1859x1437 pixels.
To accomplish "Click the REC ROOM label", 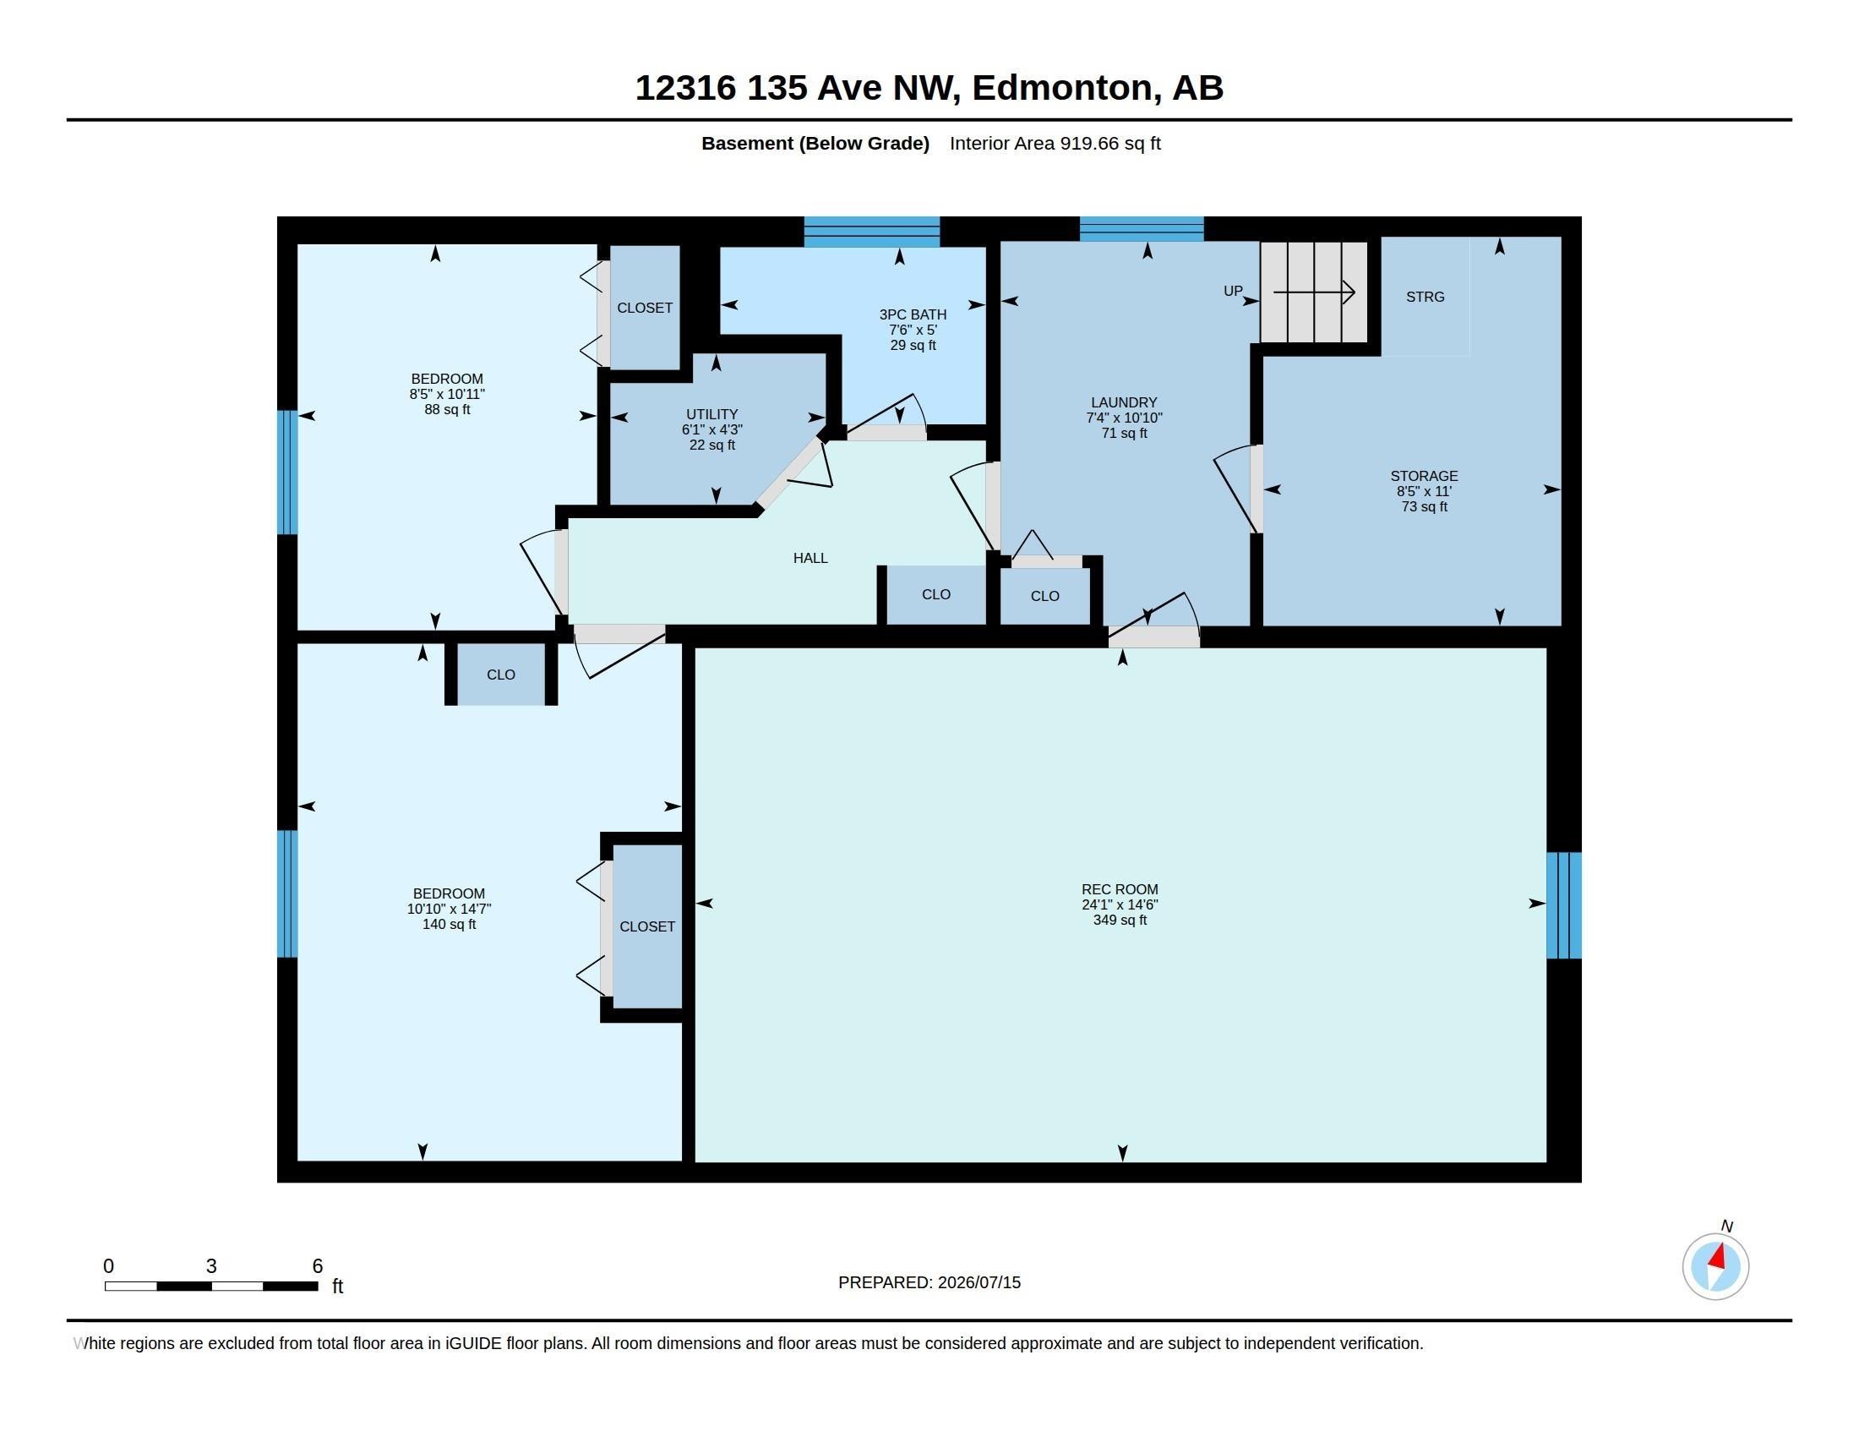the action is (1120, 888).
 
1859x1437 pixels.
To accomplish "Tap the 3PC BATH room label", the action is (913, 314).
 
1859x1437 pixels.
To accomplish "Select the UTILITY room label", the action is (711, 414).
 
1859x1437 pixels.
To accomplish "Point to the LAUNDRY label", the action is (1124, 402).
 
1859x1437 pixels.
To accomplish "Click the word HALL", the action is (810, 559).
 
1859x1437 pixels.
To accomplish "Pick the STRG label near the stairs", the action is (1425, 297).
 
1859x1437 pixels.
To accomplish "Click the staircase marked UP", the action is (1313, 292).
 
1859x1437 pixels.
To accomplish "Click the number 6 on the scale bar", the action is (318, 1266).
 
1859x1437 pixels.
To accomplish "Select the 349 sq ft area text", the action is (1120, 921).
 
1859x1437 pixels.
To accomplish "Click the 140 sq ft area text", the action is (449, 925).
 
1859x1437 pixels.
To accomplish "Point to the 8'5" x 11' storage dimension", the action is (1424, 491).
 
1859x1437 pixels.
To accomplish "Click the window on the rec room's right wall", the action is (1563, 905).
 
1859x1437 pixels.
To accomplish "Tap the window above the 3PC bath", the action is (872, 232).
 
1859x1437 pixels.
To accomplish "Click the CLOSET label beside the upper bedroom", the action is (645, 309).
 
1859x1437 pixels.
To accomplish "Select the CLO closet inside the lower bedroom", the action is (500, 675).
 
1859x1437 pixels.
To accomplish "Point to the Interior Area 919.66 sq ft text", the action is (1055, 144).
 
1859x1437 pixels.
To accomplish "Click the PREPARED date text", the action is (929, 1282).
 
